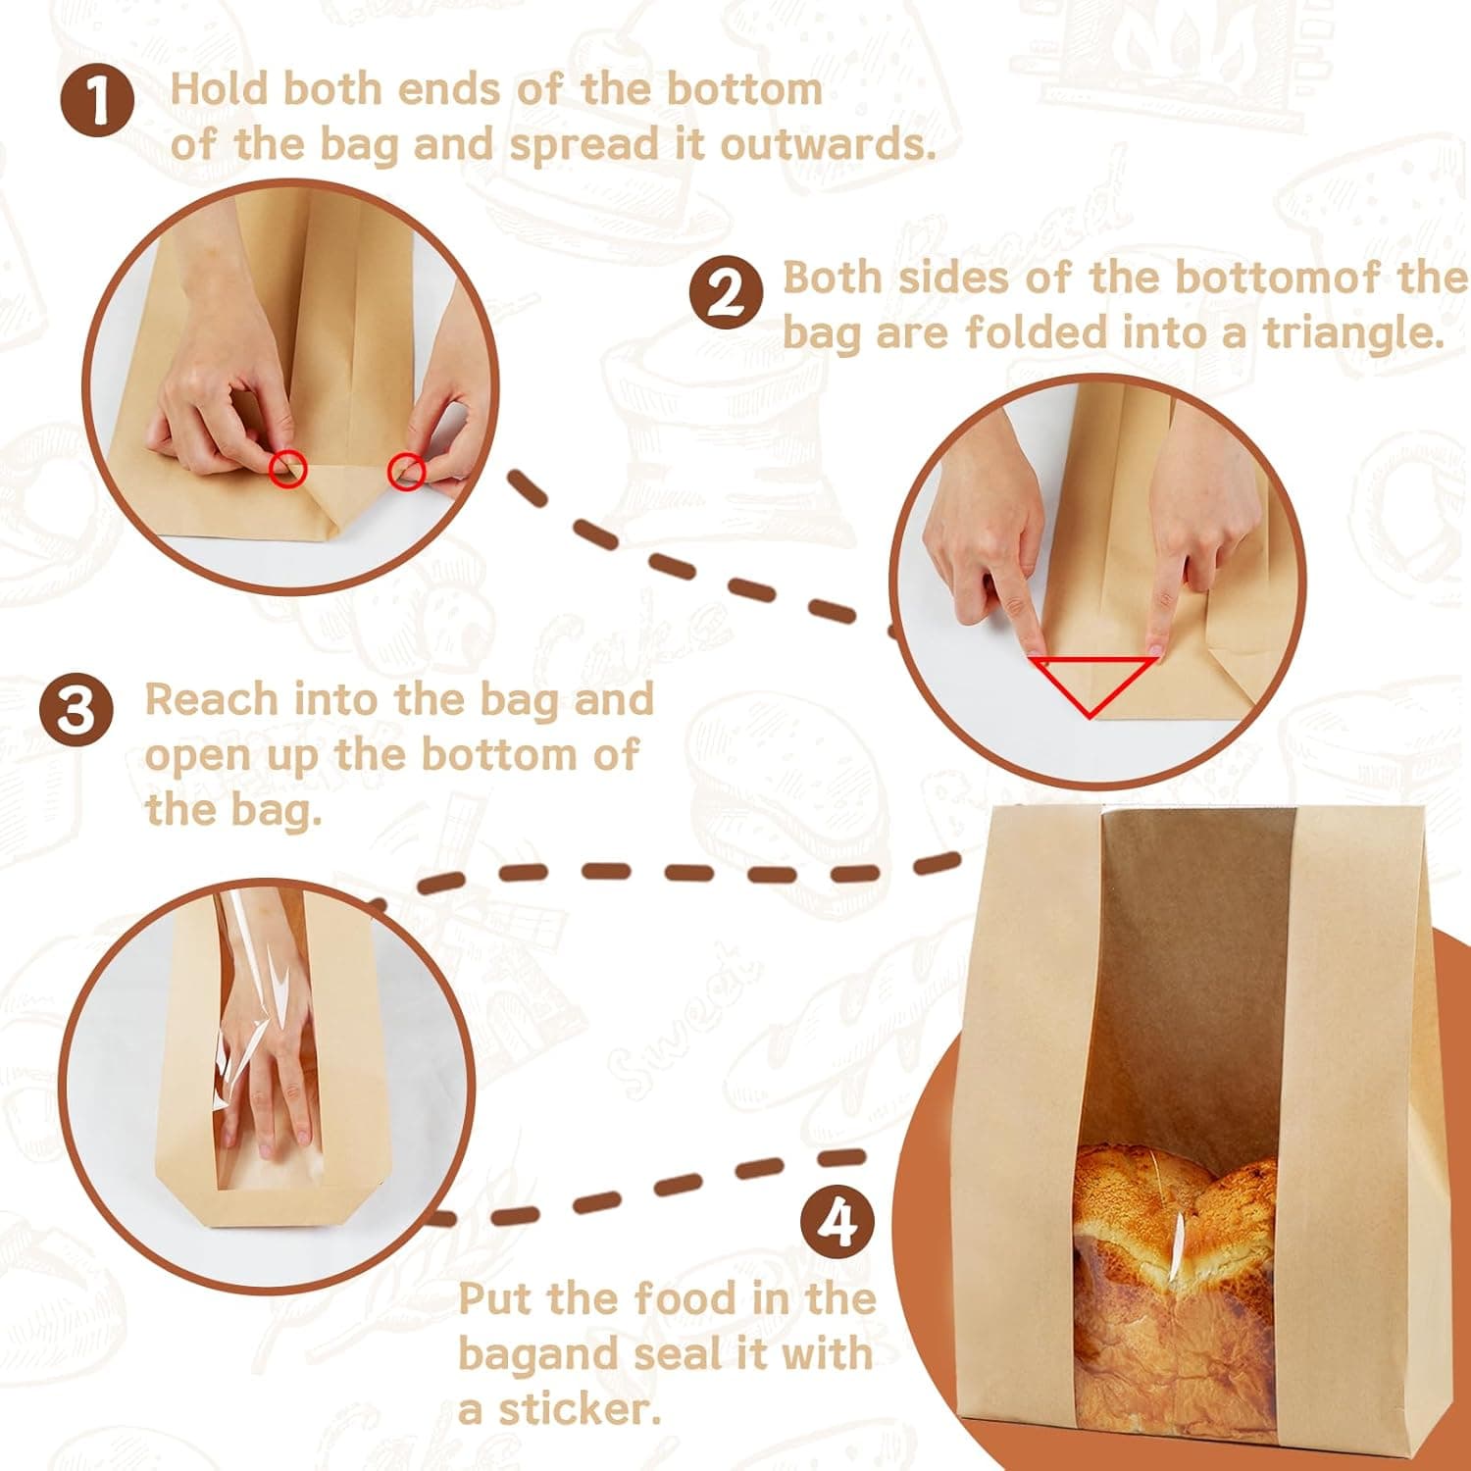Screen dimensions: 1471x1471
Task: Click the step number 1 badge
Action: coord(97,102)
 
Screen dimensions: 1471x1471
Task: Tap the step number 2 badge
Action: coord(726,292)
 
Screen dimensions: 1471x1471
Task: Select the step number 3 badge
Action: coord(76,709)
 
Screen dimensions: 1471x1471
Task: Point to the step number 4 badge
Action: coord(837,1222)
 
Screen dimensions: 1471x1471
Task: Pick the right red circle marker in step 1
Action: coord(407,472)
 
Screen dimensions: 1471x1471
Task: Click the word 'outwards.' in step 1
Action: coord(829,145)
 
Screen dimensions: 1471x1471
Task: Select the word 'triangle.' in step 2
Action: coord(1354,332)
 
